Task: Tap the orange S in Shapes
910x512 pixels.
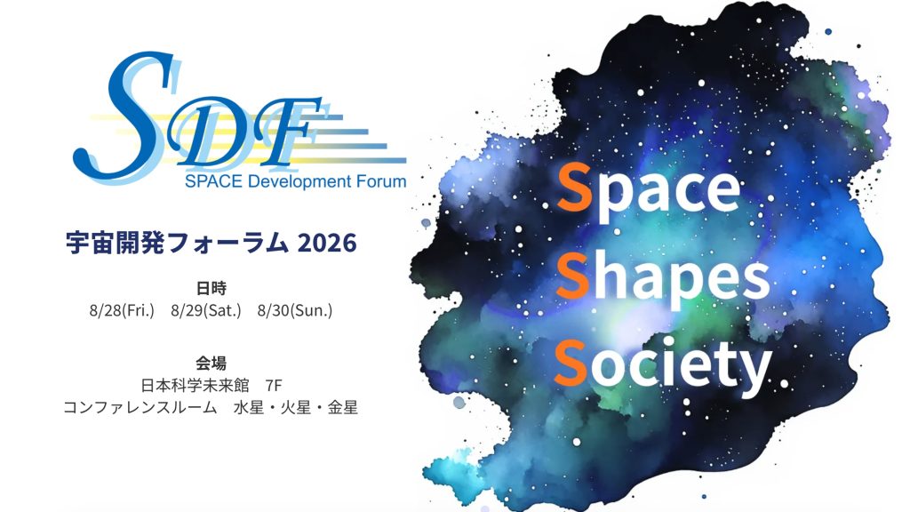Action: point(573,277)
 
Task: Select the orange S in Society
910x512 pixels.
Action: point(571,363)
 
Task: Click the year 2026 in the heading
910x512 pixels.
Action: point(327,243)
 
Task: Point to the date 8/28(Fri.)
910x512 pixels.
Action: point(122,310)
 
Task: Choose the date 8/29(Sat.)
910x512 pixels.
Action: point(206,310)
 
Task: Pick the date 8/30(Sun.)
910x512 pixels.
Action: point(295,310)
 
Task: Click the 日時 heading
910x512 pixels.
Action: point(212,288)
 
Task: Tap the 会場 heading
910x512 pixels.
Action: point(212,364)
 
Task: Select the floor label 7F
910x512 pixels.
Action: point(274,386)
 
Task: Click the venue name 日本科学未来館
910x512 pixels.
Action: point(195,386)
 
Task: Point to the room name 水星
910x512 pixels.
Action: point(249,407)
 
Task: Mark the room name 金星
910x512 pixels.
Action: point(342,407)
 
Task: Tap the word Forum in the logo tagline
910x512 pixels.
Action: point(381,181)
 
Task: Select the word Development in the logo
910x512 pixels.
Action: point(299,181)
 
